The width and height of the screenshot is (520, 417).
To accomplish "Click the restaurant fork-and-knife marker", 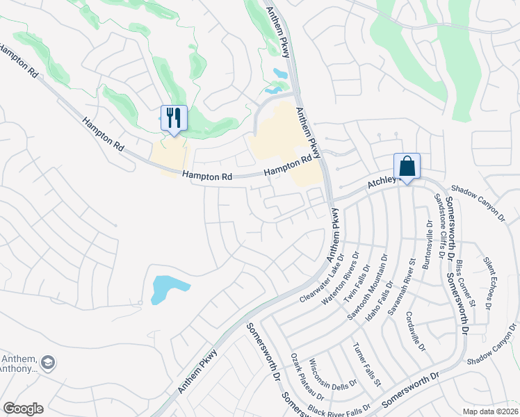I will (x=174, y=117).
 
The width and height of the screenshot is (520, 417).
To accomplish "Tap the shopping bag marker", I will (x=407, y=167).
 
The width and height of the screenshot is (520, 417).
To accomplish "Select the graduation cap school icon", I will (x=48, y=362).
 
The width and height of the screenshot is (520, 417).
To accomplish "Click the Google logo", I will (x=23, y=409).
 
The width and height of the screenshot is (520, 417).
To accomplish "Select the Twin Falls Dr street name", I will (x=364, y=279).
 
